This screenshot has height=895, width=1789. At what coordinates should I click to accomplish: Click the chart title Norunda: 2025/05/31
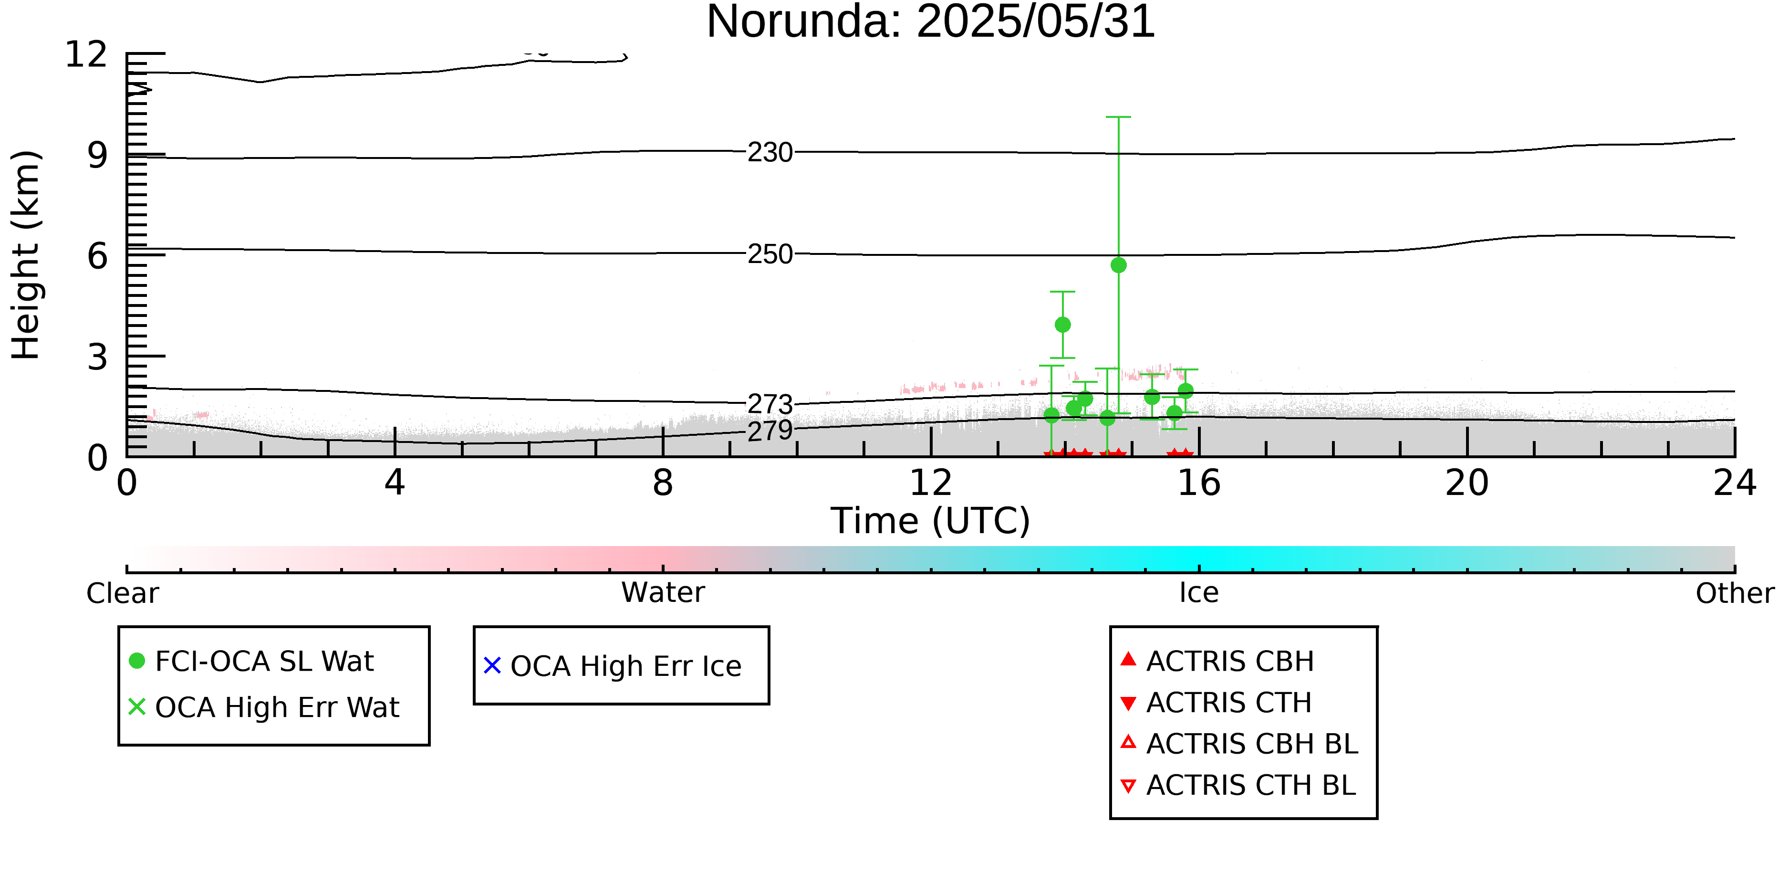[x=931, y=22]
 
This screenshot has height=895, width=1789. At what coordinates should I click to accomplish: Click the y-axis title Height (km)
[x=26, y=255]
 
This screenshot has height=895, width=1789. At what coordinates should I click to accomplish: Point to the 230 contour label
[x=770, y=152]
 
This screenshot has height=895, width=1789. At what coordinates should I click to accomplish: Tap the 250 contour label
[x=770, y=254]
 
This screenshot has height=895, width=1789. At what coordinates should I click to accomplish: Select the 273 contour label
[x=770, y=404]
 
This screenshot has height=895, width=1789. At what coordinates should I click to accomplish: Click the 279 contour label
[x=770, y=431]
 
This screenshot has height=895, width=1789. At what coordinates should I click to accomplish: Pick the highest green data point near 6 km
[x=1118, y=265]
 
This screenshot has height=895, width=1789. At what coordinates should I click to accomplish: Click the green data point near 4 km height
[x=1062, y=325]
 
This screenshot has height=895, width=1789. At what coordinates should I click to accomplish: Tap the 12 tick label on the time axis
[x=931, y=483]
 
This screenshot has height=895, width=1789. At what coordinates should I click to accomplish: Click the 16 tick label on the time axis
[x=1199, y=483]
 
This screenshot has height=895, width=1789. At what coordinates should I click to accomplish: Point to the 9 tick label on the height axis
[x=97, y=155]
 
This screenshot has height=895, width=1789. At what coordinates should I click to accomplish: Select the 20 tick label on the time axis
[x=1467, y=483]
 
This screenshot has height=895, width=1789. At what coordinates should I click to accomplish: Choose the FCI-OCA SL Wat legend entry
[x=251, y=661]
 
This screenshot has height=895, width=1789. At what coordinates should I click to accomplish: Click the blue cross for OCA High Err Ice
[x=492, y=666]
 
